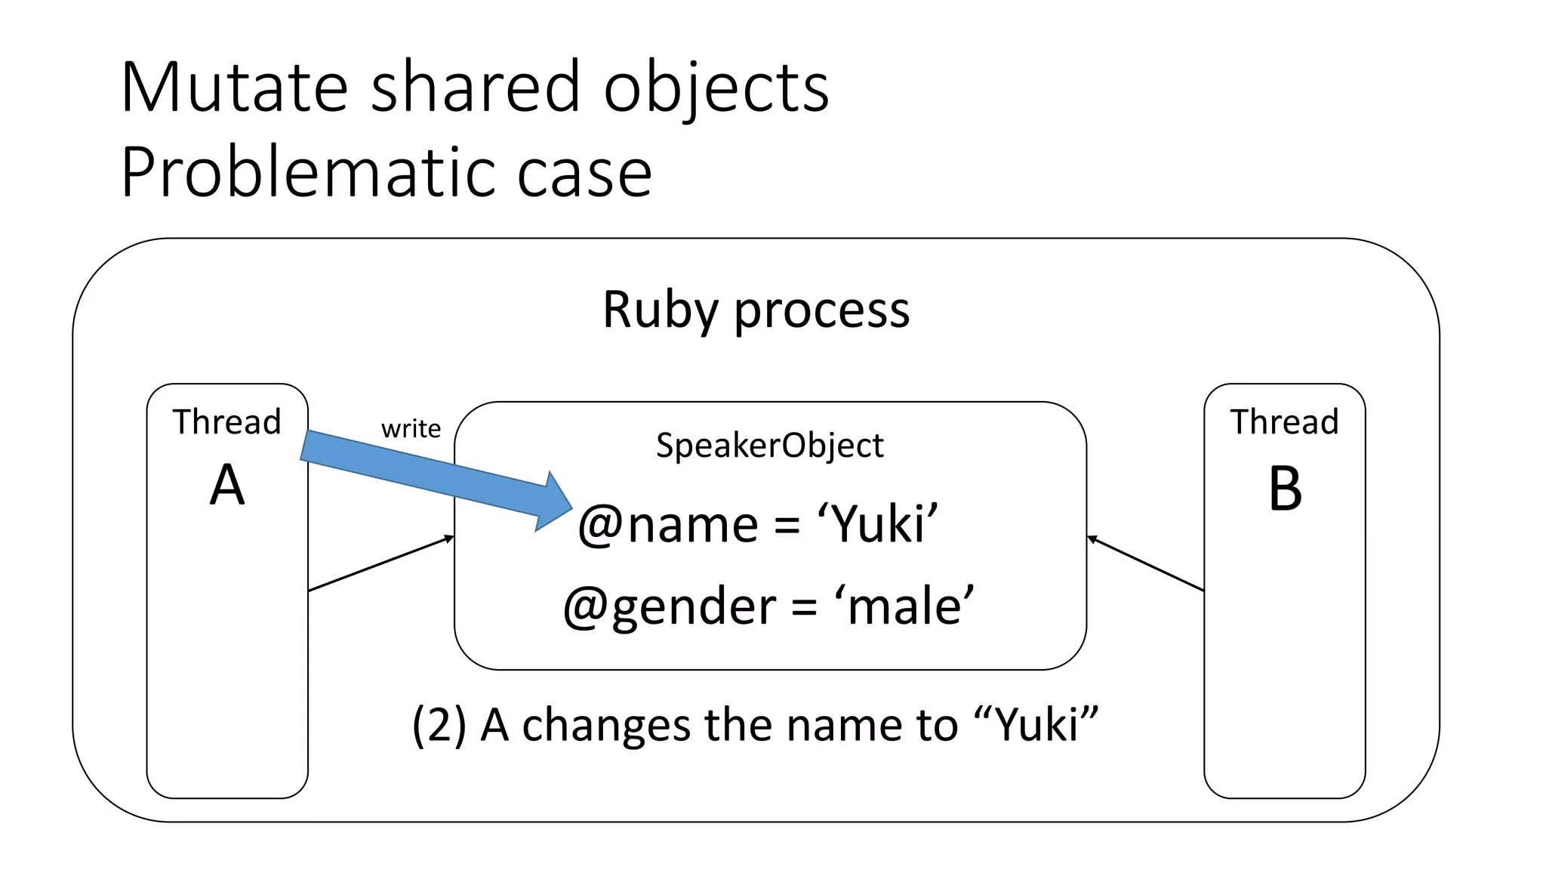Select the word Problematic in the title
pos(306,174)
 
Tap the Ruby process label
pos(756,310)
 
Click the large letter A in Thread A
pos(227,486)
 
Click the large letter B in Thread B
pos(1285,489)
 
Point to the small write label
pos(411,429)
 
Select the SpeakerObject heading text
pos(769,446)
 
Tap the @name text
pos(667,525)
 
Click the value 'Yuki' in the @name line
pos(877,523)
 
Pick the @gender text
pos(669,606)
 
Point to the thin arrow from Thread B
pos(1145,563)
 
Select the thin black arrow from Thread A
pos(380,563)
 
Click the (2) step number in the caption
pos(439,725)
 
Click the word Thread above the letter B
pos(1284,421)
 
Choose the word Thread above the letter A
pos(226,421)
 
